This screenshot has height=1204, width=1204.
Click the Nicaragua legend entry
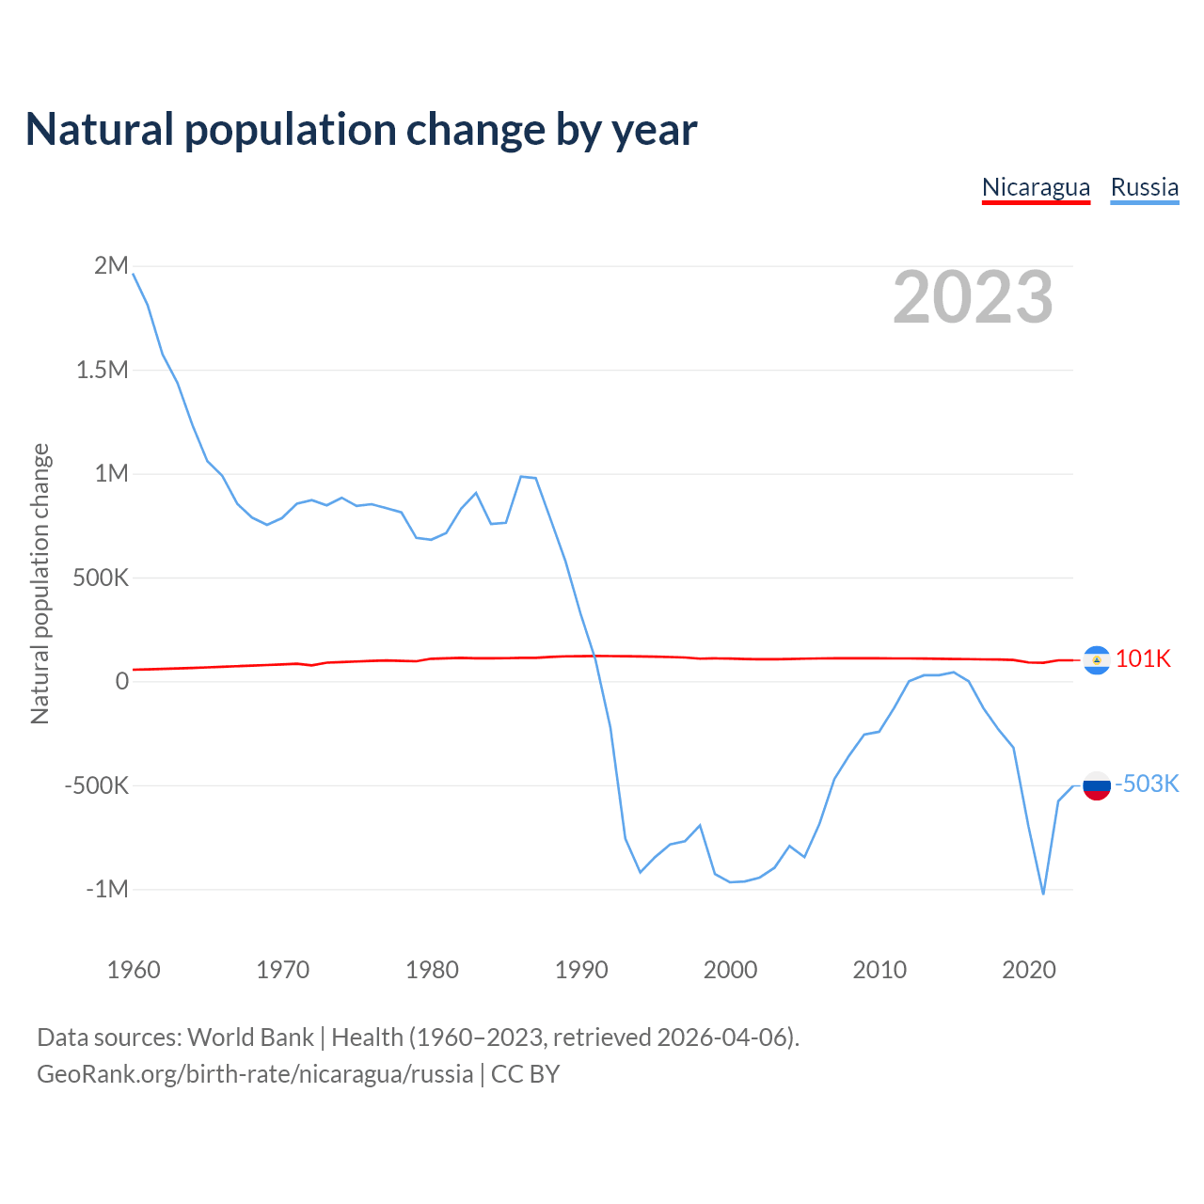[1036, 187]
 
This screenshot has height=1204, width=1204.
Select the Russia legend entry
[1144, 187]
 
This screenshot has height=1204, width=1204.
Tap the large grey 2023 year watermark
[973, 297]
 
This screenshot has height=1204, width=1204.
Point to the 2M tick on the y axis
[111, 265]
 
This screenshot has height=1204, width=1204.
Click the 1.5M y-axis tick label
[102, 370]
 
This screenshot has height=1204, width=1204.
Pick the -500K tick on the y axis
[96, 785]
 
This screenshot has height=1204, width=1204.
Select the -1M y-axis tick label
[106, 889]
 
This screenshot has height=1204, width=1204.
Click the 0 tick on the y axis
[121, 681]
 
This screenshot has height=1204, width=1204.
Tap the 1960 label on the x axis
[134, 970]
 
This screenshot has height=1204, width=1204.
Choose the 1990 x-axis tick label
[581, 970]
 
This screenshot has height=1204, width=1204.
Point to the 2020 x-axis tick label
[1029, 970]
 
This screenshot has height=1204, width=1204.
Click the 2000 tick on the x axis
[730, 970]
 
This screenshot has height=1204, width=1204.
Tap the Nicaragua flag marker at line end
[1097, 660]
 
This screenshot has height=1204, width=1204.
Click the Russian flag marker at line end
[1097, 785]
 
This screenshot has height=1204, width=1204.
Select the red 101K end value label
[1143, 658]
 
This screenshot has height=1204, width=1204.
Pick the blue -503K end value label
[1147, 784]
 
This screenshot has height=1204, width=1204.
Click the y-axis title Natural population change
[40, 584]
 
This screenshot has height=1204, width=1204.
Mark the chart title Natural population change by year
[361, 130]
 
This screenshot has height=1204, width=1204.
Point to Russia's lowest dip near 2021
[1043, 893]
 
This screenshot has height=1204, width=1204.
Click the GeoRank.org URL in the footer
[255, 1074]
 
